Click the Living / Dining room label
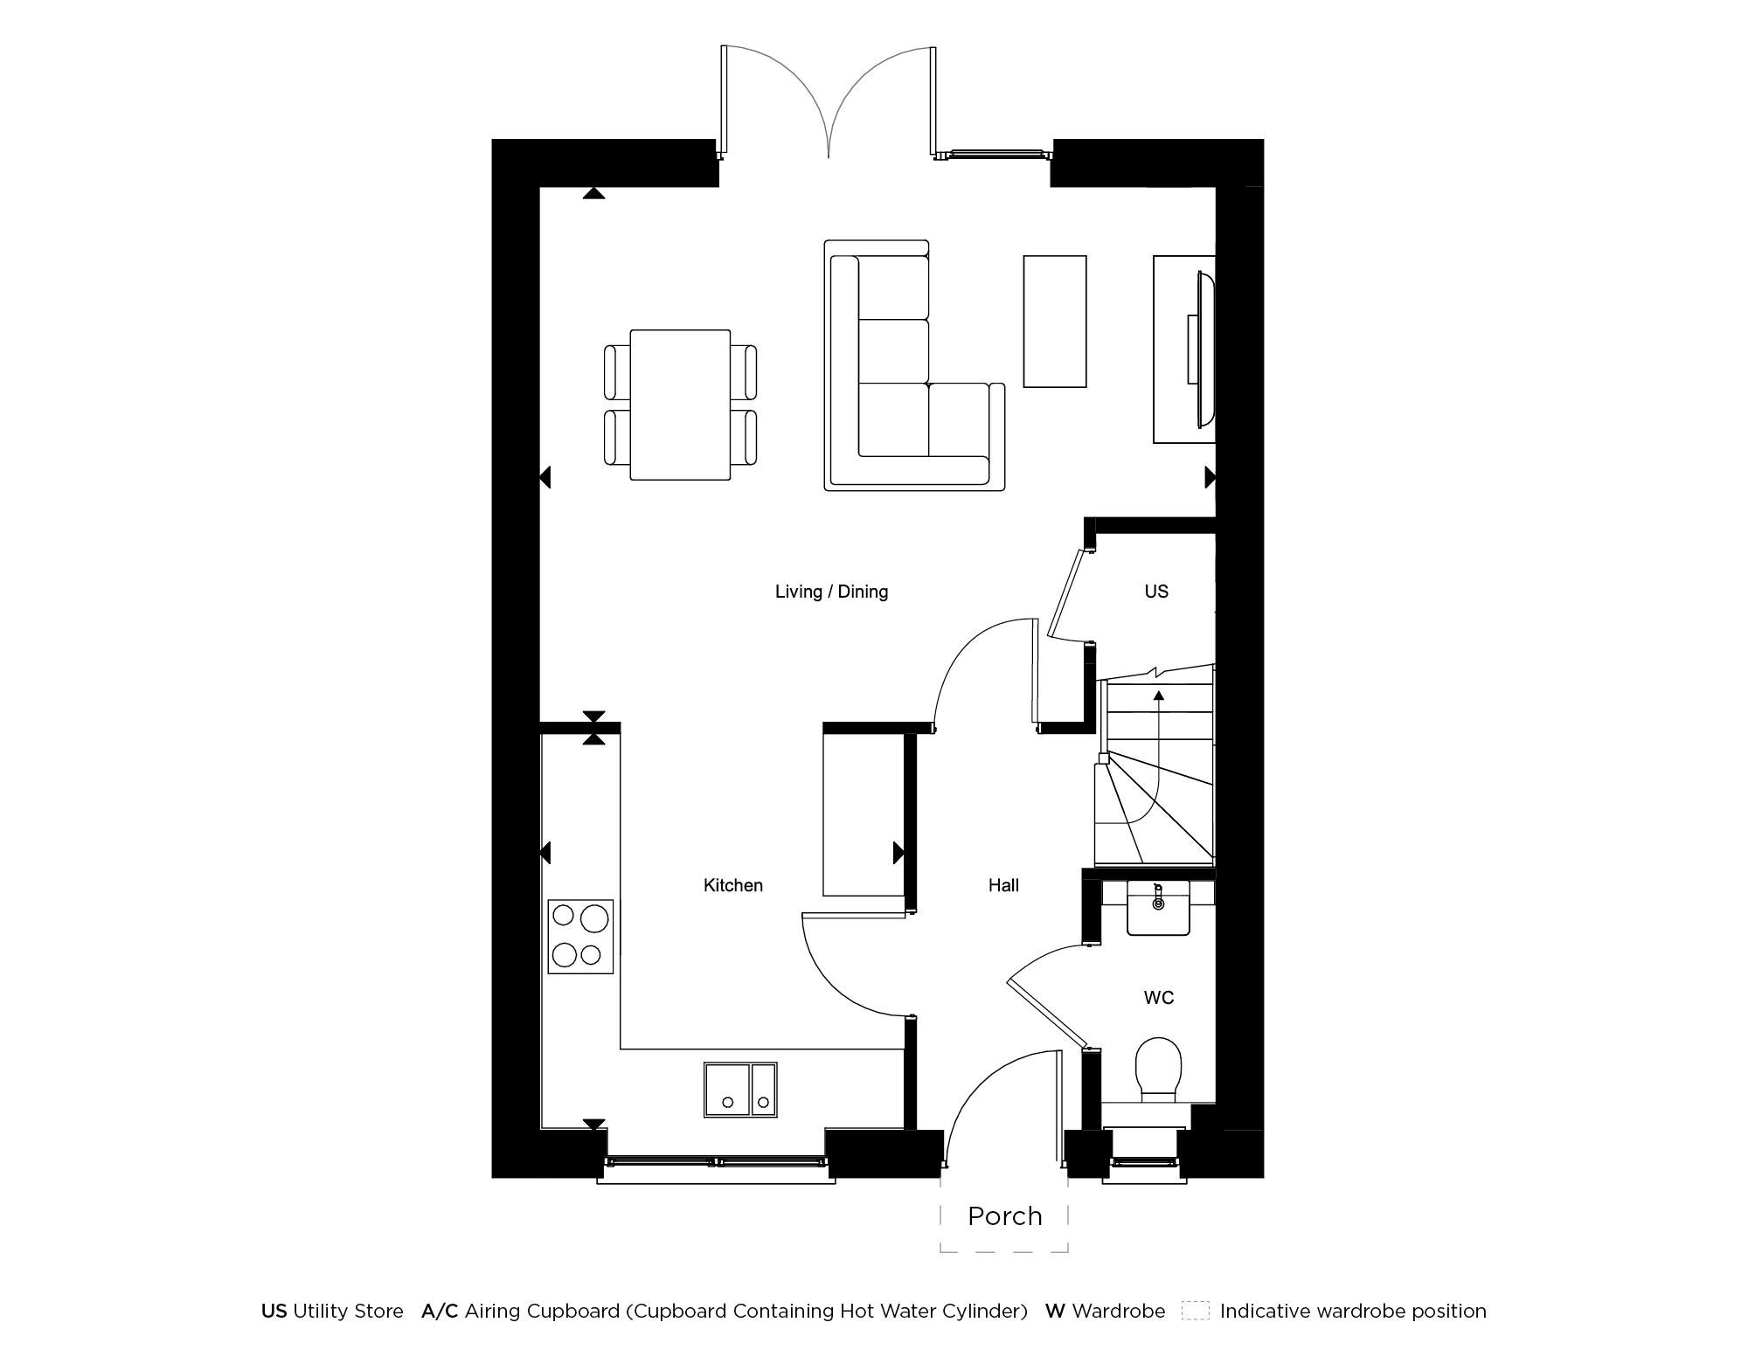tap(831, 592)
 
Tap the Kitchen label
tap(732, 885)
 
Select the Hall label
tap(1003, 885)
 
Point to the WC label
tap(1158, 997)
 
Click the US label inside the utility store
tap(1155, 592)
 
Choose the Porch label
tap(1004, 1216)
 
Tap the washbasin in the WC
tap(1158, 909)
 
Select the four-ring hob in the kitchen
tap(580, 937)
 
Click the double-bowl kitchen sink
tap(740, 1090)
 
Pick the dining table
tap(680, 405)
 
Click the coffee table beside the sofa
tap(1054, 321)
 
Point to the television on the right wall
tap(1202, 350)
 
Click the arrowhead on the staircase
tap(1159, 696)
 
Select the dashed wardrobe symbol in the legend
tap(1195, 1311)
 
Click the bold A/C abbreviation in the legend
tap(440, 1311)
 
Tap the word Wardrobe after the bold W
tap(1118, 1311)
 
